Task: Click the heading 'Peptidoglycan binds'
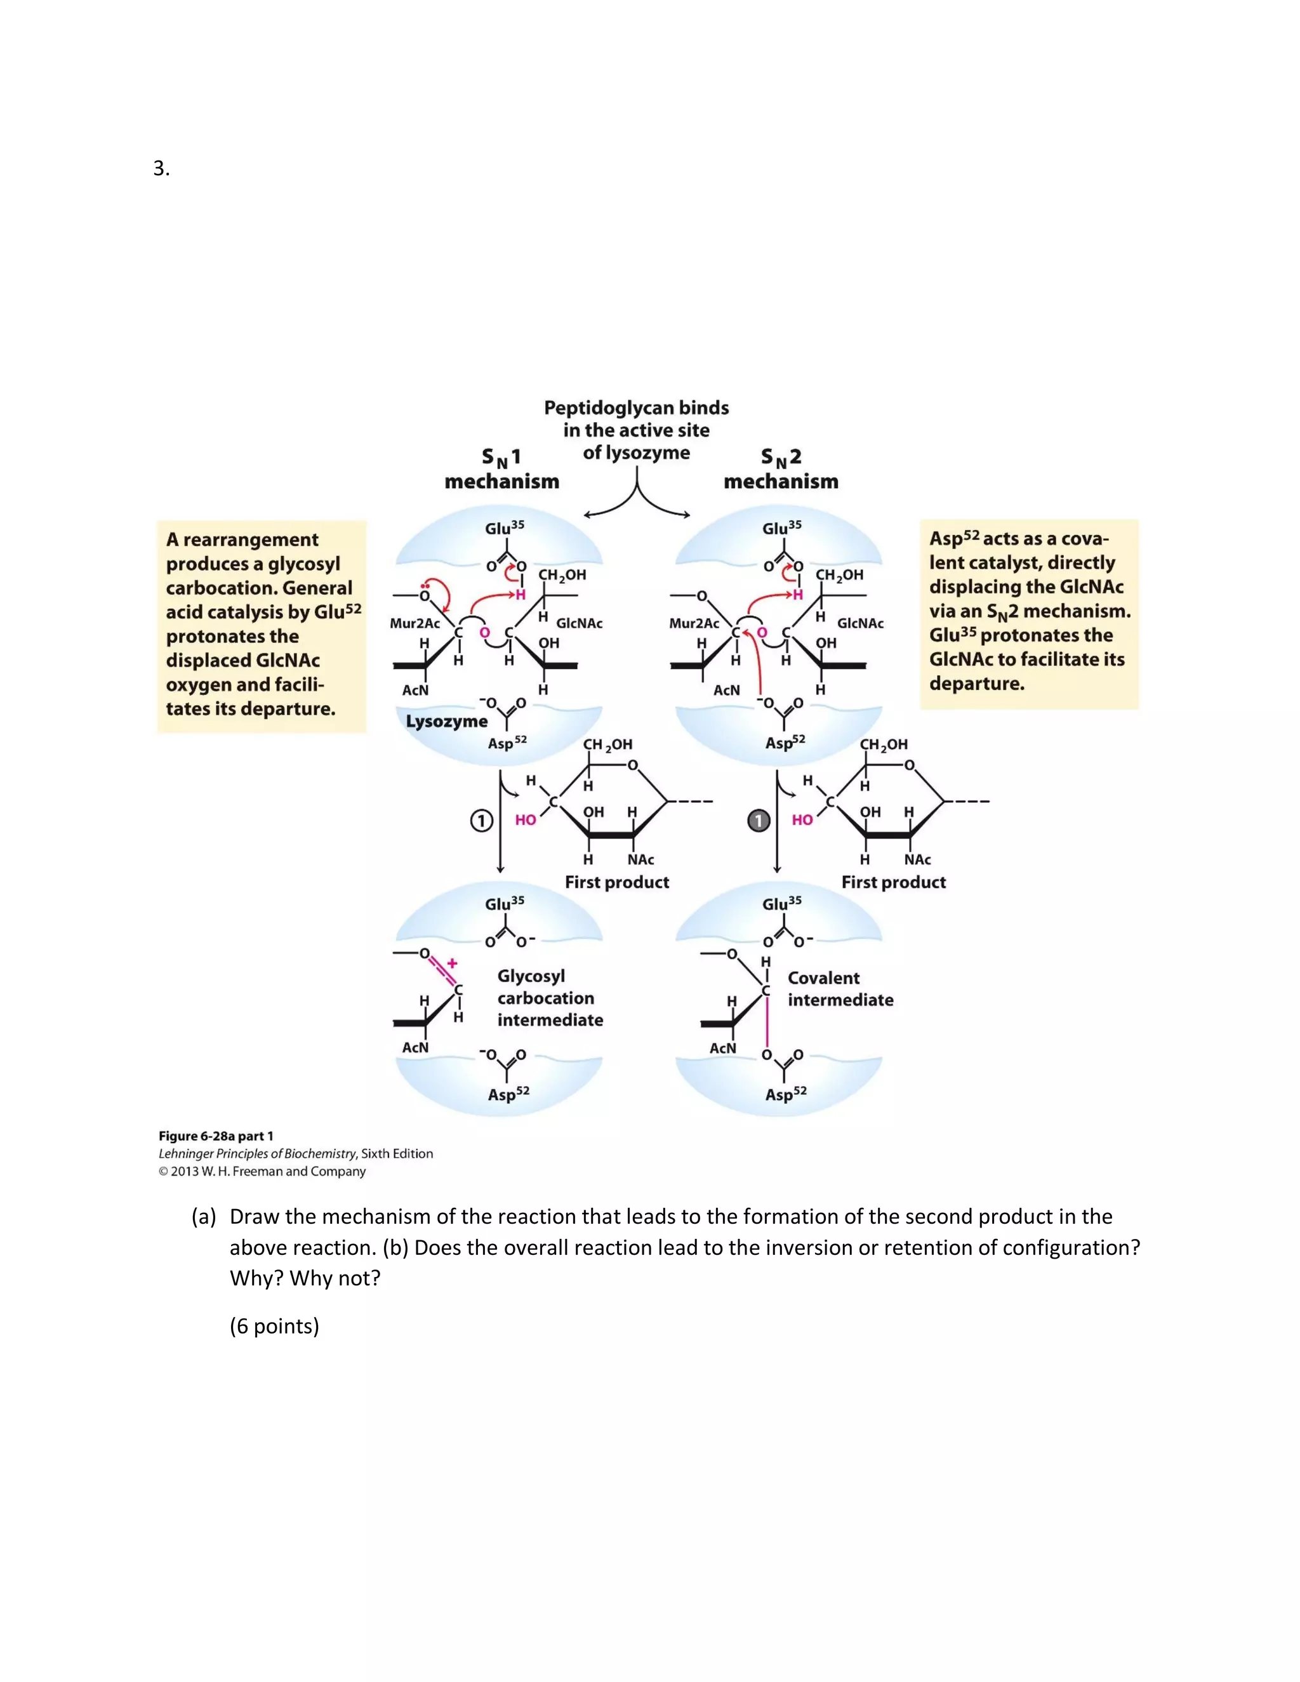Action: point(636,407)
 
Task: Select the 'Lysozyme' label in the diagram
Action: point(447,722)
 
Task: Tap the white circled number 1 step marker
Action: point(481,821)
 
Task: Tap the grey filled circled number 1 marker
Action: point(759,821)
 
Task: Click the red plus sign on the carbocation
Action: point(452,963)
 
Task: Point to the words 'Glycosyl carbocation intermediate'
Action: point(549,998)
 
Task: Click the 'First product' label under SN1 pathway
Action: point(617,883)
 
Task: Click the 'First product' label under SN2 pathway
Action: point(893,883)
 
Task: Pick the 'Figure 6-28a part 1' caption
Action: point(216,1136)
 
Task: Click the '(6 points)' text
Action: point(274,1326)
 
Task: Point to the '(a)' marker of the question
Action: point(203,1217)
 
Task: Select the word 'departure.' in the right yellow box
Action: point(976,684)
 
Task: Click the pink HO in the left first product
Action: point(525,820)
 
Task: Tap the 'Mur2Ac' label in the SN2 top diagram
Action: point(694,623)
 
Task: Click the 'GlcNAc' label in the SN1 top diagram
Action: point(579,623)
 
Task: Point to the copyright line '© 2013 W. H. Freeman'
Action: point(262,1172)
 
